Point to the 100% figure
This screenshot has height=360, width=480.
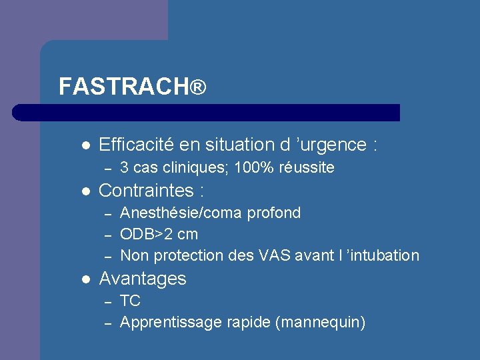[259, 167]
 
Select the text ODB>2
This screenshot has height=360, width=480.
[149, 234]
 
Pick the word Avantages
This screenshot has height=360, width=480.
[142, 279]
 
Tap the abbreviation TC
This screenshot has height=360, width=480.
[130, 301]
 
